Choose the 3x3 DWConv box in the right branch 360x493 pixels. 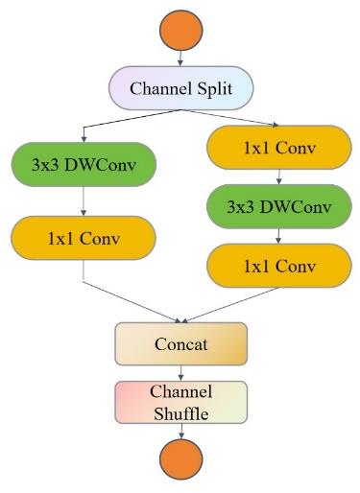277,207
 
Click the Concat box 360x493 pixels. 181,343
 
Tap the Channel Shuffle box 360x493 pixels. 181,402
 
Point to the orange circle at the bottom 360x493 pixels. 181,460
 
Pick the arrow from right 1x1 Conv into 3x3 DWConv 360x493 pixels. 277,178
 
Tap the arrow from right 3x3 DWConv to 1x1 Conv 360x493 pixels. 277,235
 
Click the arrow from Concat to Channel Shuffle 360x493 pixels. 181,372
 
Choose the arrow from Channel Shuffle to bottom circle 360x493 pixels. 181,432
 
